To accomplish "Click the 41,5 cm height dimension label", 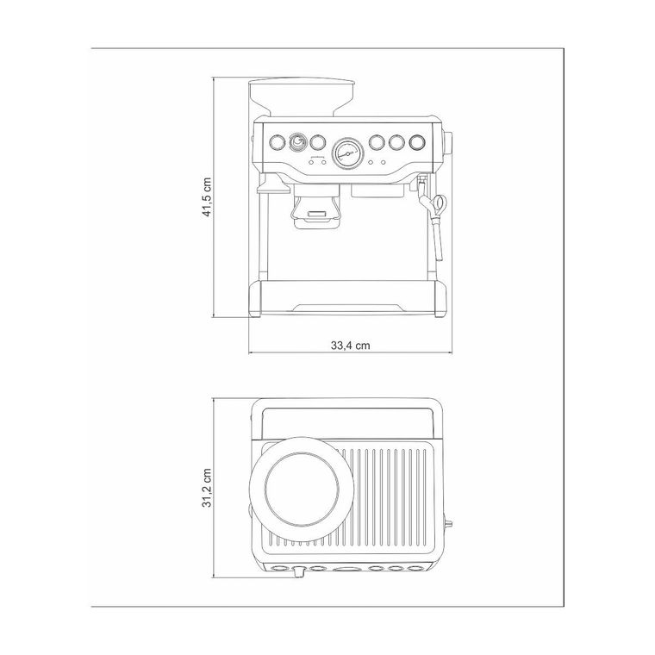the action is (x=207, y=197).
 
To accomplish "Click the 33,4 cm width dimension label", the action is (x=351, y=346).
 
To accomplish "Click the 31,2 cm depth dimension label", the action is (x=207, y=488).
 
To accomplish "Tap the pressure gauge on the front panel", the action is (x=347, y=153).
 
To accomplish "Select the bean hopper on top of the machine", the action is (x=302, y=97).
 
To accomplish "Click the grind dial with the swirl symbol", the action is (x=297, y=143).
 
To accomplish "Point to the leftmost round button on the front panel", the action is (x=277, y=143).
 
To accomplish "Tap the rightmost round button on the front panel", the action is (x=417, y=143).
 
